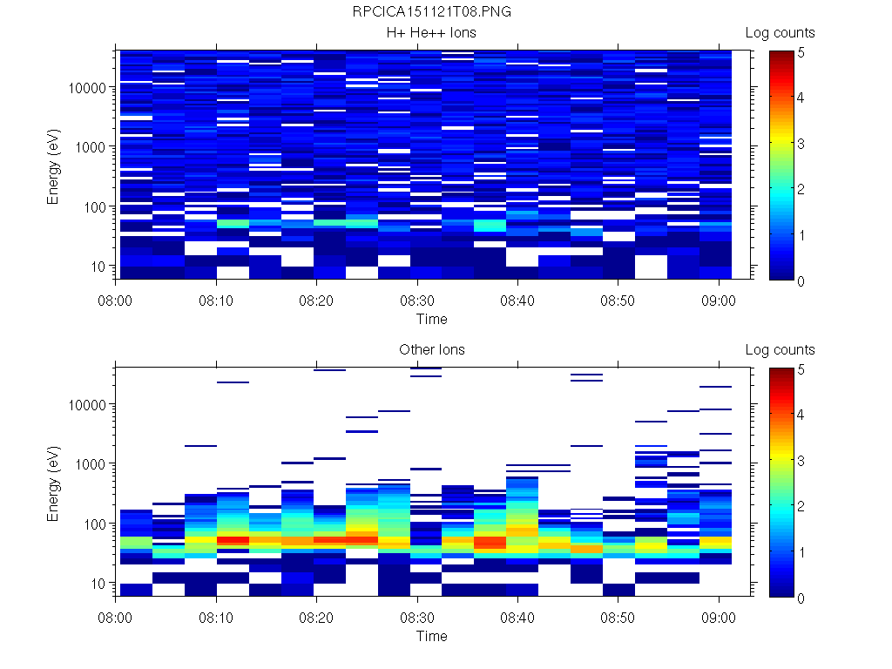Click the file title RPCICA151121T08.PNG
(x=431, y=12)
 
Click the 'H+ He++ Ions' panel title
(x=431, y=33)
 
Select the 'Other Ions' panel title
(x=431, y=350)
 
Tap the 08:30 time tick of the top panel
(x=417, y=298)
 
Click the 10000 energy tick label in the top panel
(x=87, y=88)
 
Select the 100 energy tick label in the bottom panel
(x=94, y=524)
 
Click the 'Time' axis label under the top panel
(x=431, y=319)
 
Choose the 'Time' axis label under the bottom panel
(x=431, y=636)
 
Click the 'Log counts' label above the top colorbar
(x=780, y=33)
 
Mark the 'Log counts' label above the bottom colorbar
(x=780, y=350)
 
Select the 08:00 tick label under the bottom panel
(x=116, y=615)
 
